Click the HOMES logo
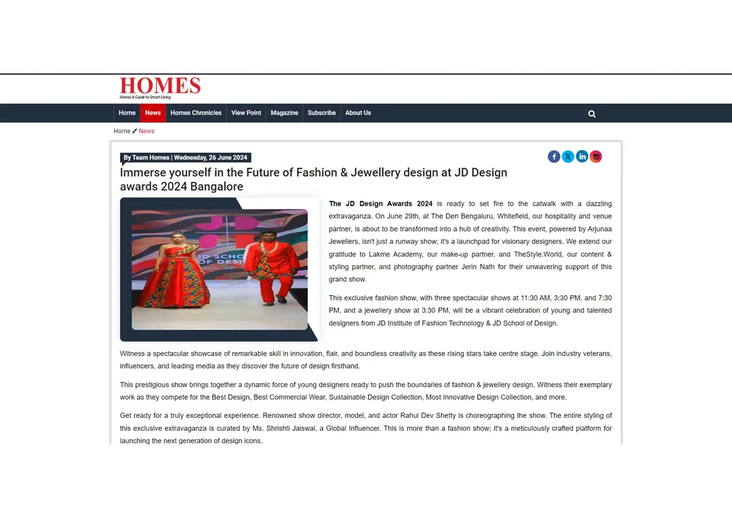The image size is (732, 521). (x=160, y=88)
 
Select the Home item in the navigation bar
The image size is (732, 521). (x=127, y=113)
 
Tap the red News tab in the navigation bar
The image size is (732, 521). (x=152, y=113)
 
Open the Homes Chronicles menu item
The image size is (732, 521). (x=196, y=113)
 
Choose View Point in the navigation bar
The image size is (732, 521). (x=246, y=113)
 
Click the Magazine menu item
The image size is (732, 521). (x=284, y=113)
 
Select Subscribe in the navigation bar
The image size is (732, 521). (x=321, y=113)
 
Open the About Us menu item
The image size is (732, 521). (x=358, y=113)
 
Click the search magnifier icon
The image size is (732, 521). (x=592, y=114)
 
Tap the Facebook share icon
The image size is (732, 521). (x=554, y=157)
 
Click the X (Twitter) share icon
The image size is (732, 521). (x=568, y=157)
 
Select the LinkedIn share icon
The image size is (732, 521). (x=582, y=157)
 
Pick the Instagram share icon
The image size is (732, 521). (x=596, y=157)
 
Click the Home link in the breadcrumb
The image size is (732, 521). (x=122, y=131)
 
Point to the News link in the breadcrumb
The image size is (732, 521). (x=146, y=131)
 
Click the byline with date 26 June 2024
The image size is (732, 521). (x=186, y=158)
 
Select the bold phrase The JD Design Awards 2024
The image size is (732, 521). (x=380, y=204)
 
